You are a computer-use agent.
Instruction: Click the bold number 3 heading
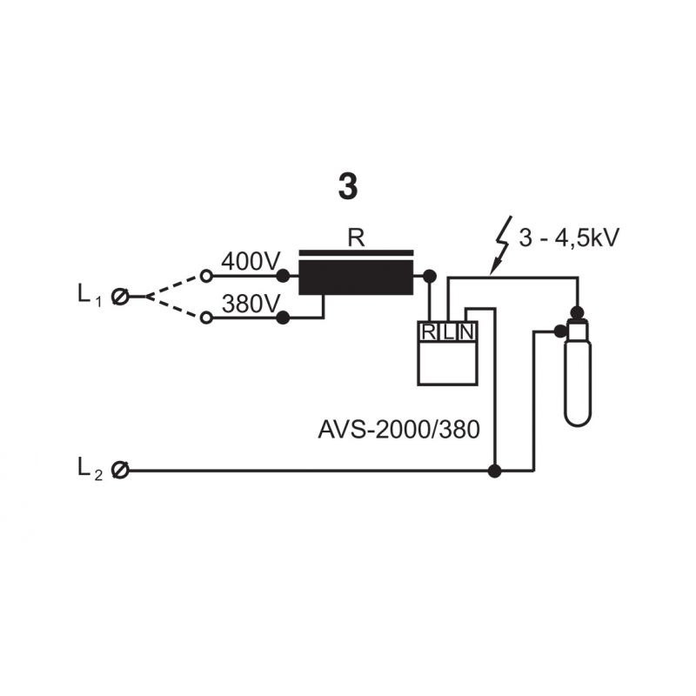click(347, 186)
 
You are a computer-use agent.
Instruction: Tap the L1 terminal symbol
click(120, 297)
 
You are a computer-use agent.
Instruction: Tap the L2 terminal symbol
click(120, 470)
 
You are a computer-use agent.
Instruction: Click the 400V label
click(251, 262)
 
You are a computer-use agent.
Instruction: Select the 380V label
click(251, 304)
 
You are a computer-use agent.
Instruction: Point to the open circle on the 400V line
click(206, 276)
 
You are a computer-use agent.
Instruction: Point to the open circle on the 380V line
click(206, 318)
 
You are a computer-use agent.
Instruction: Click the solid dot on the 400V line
click(283, 276)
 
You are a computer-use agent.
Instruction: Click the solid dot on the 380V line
click(283, 318)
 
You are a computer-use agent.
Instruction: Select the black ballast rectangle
click(356, 278)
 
